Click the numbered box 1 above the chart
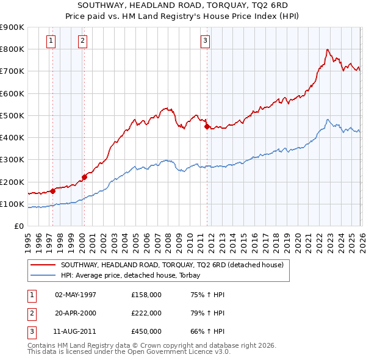point(50,41)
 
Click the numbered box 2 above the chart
point(82,41)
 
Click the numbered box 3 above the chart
point(206,41)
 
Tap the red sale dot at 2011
point(207,126)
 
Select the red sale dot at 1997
point(53,191)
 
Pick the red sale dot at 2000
point(85,177)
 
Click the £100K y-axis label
point(12,204)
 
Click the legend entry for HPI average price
point(135,275)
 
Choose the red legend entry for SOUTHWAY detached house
point(172,265)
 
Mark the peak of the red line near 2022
point(328,49)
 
